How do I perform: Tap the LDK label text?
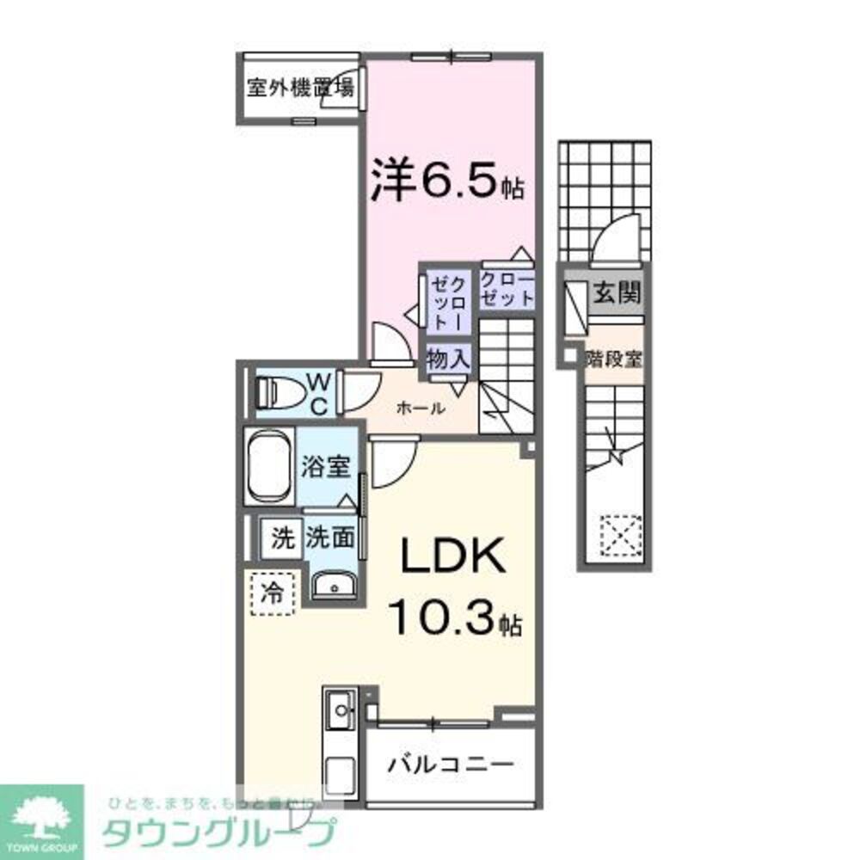click(450, 560)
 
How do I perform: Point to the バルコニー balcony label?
click(450, 763)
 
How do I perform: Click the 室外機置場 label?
click(301, 87)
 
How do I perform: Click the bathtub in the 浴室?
click(270, 467)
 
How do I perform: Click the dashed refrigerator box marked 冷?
click(272, 593)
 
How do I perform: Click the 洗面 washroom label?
click(330, 538)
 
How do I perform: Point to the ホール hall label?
click(420, 408)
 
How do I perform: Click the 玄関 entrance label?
click(616, 294)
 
